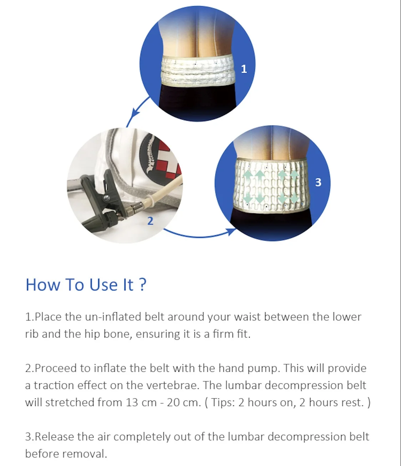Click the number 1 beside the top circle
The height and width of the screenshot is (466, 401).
coord(244,69)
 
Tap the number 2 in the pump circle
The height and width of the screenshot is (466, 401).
coord(150,221)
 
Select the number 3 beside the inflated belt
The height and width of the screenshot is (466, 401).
coord(318,182)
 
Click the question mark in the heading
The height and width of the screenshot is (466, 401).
coord(142,285)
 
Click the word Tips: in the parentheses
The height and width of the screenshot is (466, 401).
coord(223,402)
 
